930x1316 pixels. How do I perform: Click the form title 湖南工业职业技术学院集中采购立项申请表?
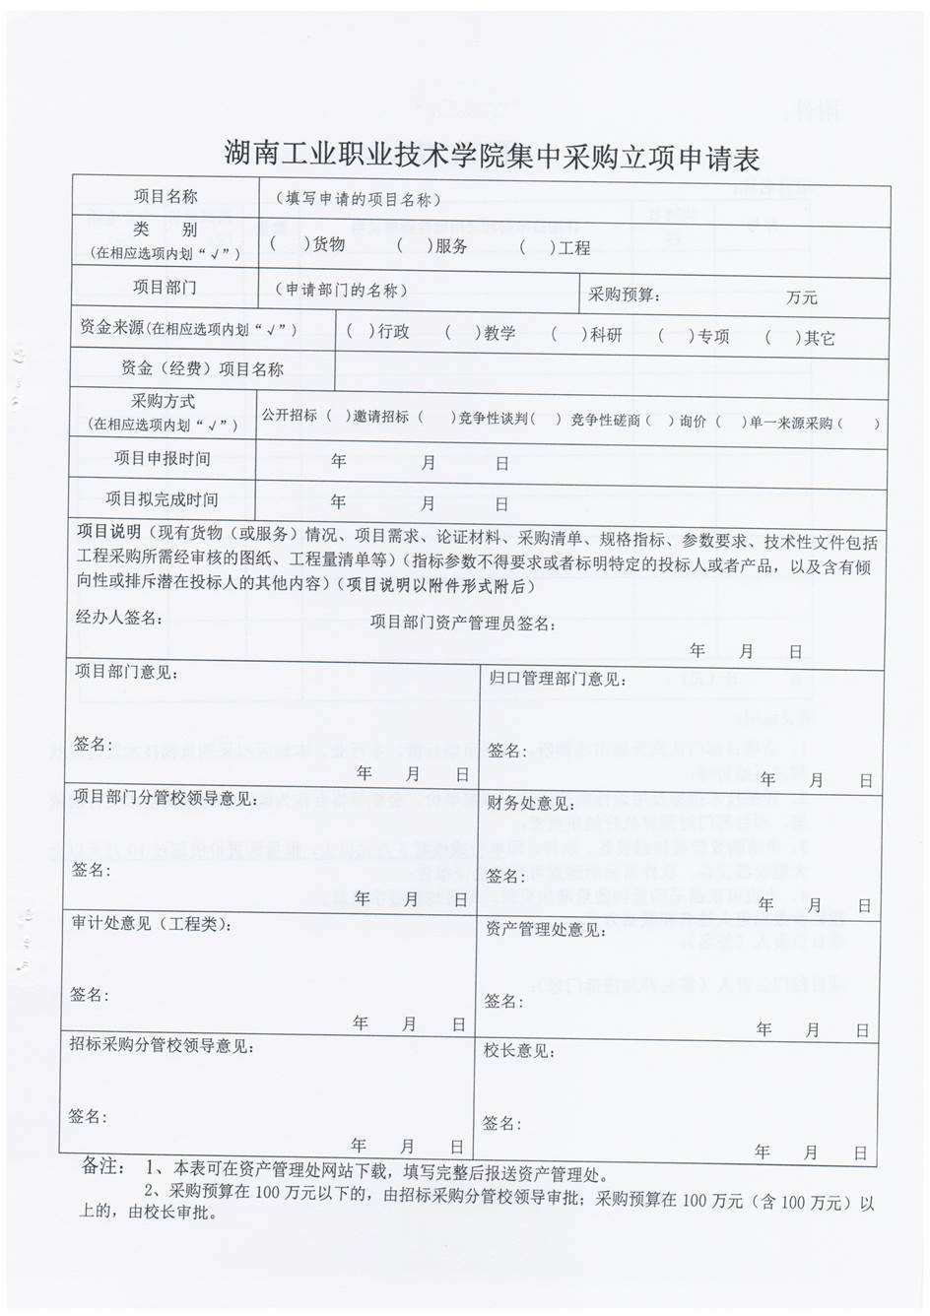click(492, 155)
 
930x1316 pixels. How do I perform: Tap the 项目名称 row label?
click(166, 197)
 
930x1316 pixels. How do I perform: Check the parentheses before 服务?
click(414, 245)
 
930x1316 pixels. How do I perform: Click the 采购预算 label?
click(625, 294)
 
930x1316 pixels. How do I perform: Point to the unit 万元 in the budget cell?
click(801, 296)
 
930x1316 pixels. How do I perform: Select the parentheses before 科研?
click(570, 335)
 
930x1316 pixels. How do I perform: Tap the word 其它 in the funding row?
click(819, 338)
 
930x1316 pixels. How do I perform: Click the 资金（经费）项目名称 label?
click(202, 369)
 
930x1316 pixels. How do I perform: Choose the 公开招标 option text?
click(290, 416)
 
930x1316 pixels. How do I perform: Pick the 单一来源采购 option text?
click(791, 423)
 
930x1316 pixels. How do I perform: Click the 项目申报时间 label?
click(163, 458)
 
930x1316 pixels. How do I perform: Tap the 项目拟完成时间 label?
click(163, 499)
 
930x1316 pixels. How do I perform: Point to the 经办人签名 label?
click(118, 618)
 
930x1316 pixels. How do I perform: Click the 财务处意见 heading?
click(530, 804)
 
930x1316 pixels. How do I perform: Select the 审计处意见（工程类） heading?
click(152, 924)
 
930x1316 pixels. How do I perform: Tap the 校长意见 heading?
click(519, 1051)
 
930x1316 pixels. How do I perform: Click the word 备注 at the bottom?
click(102, 1167)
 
